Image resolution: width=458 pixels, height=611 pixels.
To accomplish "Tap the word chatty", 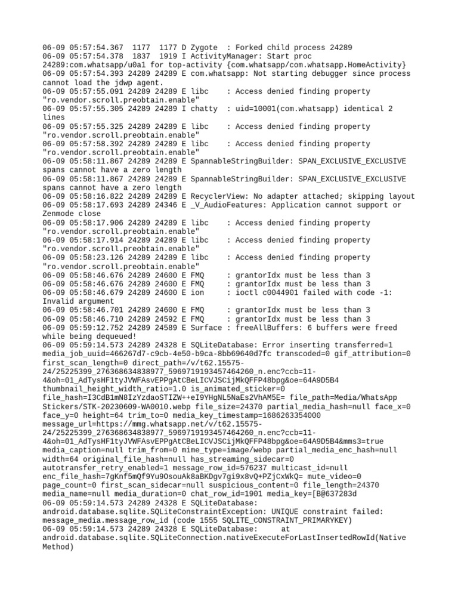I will tap(204, 109).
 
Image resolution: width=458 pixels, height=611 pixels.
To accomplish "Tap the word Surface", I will tap(206, 328).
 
